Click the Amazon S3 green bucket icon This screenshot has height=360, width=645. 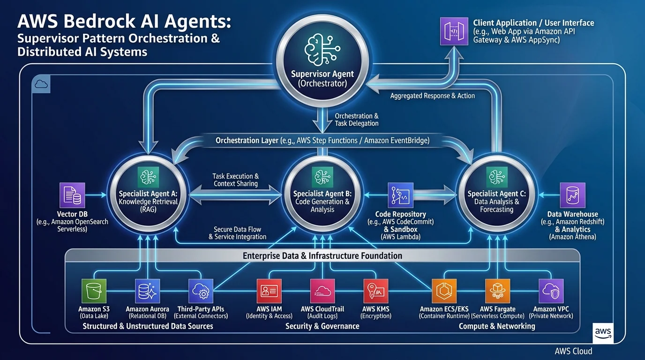(94, 291)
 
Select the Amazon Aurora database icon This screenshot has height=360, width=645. (148, 291)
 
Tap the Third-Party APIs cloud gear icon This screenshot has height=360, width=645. (201, 291)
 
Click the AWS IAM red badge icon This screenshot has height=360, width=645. (269, 291)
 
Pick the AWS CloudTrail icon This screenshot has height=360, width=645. (322, 291)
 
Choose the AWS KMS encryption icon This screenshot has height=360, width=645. (376, 291)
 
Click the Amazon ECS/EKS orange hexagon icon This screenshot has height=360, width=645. (443, 291)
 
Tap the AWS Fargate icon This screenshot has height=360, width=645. (497, 291)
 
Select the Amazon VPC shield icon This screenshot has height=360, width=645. (551, 291)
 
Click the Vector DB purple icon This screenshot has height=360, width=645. (73, 195)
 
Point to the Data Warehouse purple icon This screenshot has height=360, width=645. (572, 195)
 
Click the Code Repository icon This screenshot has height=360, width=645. (400, 195)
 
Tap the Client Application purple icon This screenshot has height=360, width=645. (454, 31)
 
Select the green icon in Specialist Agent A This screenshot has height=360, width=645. (148, 177)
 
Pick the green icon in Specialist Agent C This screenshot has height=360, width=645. (496, 177)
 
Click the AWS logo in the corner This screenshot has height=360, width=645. (603, 333)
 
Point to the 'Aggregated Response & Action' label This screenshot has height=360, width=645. (432, 96)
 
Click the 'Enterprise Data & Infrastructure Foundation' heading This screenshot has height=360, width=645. (322, 255)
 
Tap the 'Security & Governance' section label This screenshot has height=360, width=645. (322, 326)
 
